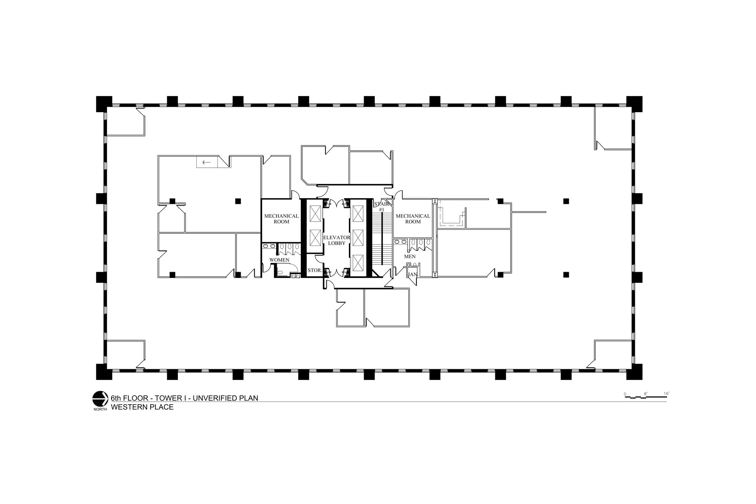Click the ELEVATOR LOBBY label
coord(336,240)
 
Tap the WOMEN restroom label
coord(279,260)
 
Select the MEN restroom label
coord(410,256)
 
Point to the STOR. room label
coord(315,270)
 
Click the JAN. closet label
coord(412,274)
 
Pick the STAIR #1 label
coord(381,207)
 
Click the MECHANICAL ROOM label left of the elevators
coord(281,219)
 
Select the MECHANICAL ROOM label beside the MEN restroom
coord(413,219)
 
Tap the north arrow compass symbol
coord(99,398)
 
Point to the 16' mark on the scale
coord(666,394)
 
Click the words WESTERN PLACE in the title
coord(142,407)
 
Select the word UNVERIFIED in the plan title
coord(212,398)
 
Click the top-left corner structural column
coord(104,104)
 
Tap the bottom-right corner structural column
coord(634,372)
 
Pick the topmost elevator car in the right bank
coord(358,213)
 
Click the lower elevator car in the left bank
coord(315,238)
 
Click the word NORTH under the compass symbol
coord(100,409)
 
